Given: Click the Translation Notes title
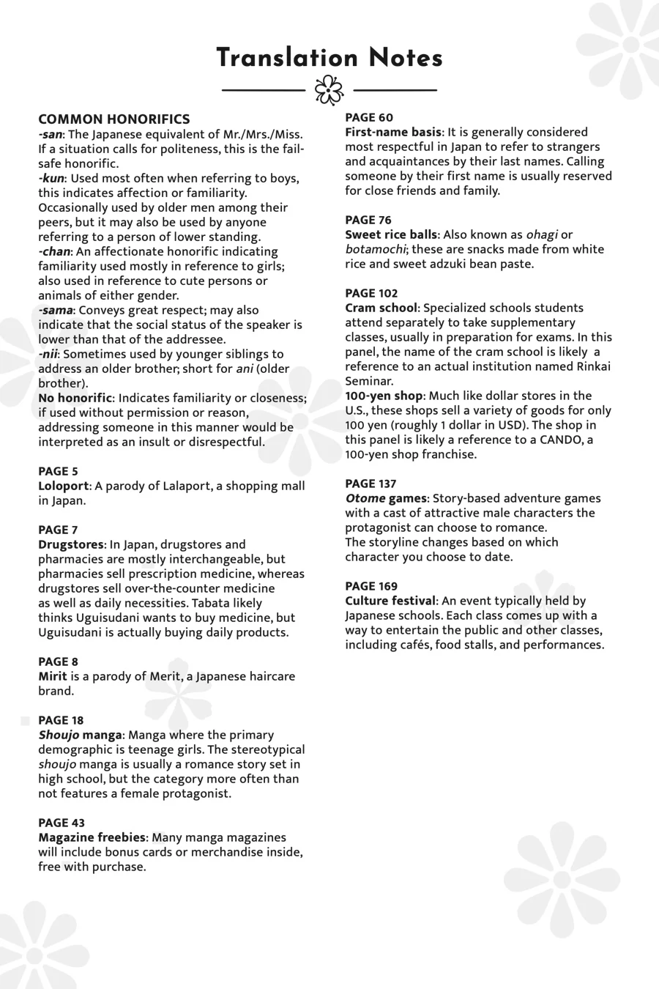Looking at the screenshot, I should click(329, 59).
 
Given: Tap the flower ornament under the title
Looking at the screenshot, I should click(329, 90).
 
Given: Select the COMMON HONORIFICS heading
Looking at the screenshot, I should click(114, 119).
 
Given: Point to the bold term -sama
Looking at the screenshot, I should click(56, 310).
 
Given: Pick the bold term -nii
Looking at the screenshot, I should click(48, 354).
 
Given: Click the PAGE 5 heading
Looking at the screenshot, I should click(58, 471).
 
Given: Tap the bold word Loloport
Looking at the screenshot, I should click(63, 486).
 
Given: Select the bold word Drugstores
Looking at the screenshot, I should click(71, 544).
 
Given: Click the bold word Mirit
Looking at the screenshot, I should click(53, 676).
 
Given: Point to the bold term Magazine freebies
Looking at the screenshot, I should click(92, 837).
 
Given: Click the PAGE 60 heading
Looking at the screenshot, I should click(369, 117).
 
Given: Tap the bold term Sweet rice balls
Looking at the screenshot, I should click(392, 234).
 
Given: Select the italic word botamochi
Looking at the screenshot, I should click(376, 249).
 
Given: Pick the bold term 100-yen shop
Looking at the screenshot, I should click(384, 396).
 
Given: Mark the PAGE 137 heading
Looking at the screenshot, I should click(371, 484).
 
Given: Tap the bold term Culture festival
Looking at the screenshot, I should click(391, 601).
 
